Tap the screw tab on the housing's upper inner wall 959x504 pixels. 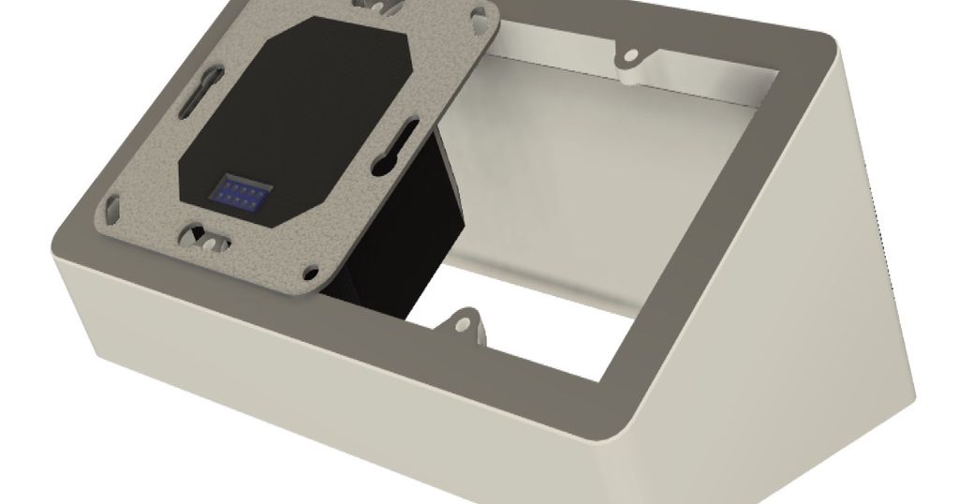630,58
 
